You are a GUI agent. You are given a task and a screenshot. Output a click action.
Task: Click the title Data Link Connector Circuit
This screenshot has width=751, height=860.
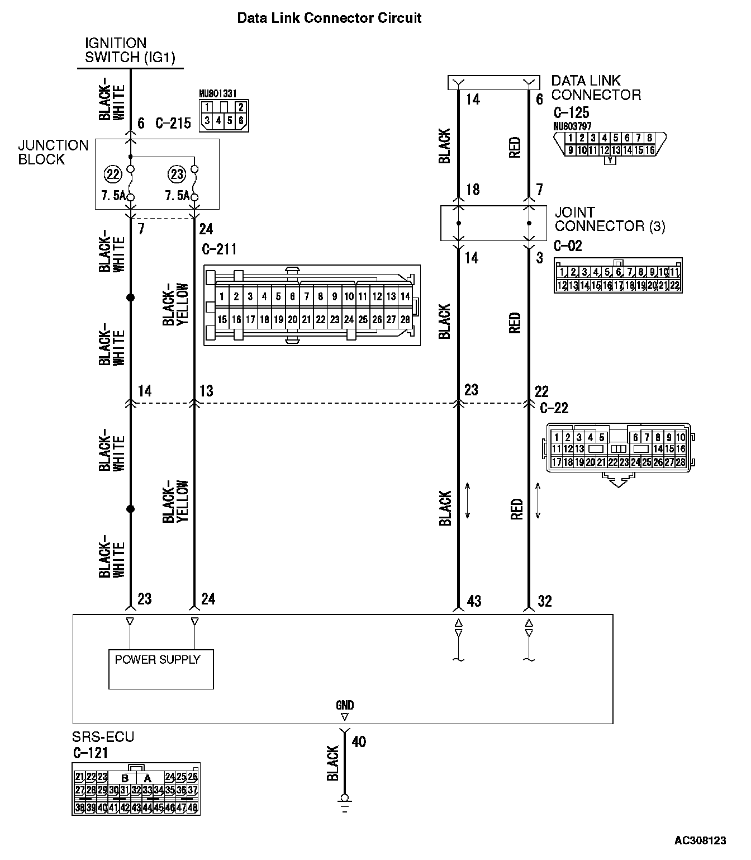(x=329, y=18)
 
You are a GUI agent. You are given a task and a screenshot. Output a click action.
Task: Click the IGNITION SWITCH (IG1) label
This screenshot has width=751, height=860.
(x=130, y=50)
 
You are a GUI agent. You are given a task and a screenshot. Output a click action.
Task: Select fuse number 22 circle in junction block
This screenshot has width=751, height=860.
(x=113, y=174)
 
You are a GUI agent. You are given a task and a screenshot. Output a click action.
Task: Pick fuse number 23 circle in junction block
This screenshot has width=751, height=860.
(x=177, y=174)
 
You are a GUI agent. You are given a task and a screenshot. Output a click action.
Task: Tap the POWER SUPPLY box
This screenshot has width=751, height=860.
(x=161, y=669)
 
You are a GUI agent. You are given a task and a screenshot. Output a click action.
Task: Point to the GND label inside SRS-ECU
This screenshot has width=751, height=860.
(x=345, y=705)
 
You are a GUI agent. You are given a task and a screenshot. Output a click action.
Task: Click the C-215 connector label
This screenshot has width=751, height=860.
(x=173, y=123)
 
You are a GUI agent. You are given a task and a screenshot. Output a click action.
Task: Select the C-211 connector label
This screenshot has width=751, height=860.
(x=220, y=249)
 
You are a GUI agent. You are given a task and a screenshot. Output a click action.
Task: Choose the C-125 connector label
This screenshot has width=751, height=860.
(x=572, y=112)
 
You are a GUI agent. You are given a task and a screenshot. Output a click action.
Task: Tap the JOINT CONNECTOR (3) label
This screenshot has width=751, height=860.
(x=610, y=219)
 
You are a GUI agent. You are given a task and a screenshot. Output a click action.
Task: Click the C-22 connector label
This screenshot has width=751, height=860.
(x=554, y=408)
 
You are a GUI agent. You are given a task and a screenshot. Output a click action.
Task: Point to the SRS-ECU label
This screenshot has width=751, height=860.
(x=103, y=736)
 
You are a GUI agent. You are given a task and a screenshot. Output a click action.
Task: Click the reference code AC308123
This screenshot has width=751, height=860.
(x=700, y=840)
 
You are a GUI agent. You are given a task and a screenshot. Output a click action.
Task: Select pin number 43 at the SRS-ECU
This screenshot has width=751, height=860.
(x=474, y=601)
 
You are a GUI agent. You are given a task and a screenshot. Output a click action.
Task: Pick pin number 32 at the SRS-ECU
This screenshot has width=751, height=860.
(x=544, y=601)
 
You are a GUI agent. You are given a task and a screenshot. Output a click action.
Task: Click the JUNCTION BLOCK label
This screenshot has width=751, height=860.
(x=53, y=152)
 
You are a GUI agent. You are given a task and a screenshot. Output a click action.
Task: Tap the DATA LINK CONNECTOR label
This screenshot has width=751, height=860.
(x=596, y=88)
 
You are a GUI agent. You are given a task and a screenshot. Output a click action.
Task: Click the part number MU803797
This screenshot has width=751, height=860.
(x=572, y=126)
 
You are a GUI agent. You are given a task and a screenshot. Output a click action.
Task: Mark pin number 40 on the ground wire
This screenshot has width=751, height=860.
(x=359, y=741)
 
